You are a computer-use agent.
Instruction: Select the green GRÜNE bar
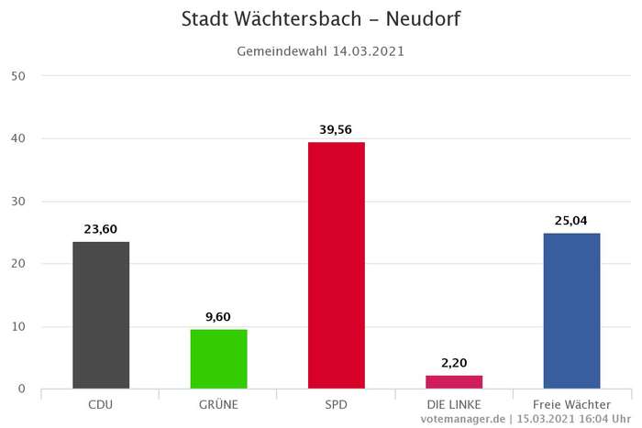218,358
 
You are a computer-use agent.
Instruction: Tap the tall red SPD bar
336,265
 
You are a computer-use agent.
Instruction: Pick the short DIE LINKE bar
454,381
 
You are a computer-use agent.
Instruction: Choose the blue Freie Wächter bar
571,311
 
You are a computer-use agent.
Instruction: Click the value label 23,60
101,229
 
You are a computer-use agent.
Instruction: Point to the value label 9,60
218,317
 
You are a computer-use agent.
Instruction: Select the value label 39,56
336,129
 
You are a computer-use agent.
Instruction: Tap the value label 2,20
454,363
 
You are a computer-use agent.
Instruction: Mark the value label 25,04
571,220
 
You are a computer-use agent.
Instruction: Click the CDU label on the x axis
101,404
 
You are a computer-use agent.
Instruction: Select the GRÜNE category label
218,404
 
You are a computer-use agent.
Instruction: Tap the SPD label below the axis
336,404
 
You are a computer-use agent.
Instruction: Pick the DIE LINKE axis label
454,404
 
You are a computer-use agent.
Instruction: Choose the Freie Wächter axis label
571,404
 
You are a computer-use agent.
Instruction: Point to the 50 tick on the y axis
18,76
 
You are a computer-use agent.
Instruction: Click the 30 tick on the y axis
18,202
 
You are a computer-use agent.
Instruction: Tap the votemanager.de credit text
462,419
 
